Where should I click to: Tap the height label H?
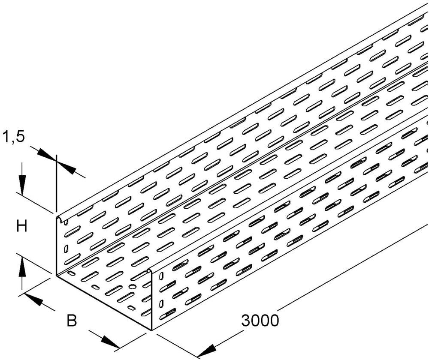pyautogui.click(x=21, y=227)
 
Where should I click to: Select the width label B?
pyautogui.click(x=72, y=320)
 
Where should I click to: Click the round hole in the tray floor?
pyautogui.click(x=133, y=287)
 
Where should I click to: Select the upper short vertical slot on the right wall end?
pyautogui.click(x=161, y=276)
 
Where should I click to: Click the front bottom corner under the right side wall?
pyautogui.click(x=151, y=330)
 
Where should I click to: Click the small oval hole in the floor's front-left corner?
pyautogui.click(x=72, y=273)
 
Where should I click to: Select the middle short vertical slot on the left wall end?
pyautogui.click(x=66, y=249)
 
